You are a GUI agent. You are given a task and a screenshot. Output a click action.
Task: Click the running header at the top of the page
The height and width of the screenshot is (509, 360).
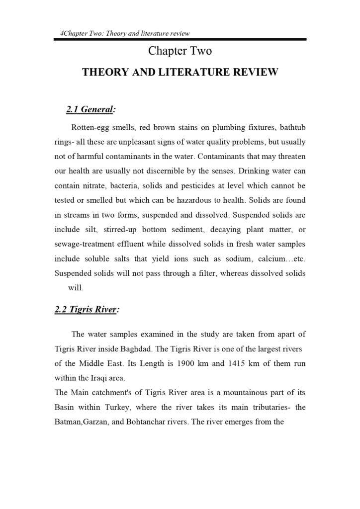125,34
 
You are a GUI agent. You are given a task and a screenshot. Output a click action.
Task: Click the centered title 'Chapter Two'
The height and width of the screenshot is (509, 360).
180,51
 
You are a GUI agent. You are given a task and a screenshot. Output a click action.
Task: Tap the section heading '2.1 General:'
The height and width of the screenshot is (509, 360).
91,108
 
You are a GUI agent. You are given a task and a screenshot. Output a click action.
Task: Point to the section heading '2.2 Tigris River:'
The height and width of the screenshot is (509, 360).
87,309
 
